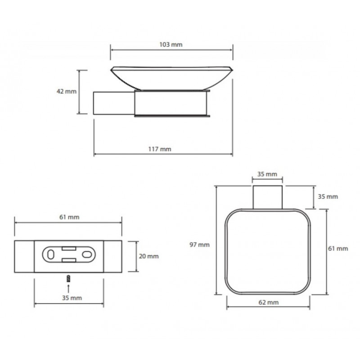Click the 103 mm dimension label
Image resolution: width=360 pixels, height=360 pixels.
click(x=171, y=45)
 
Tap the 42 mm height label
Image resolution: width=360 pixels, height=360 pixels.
click(x=66, y=91)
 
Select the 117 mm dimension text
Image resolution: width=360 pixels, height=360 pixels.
click(x=160, y=149)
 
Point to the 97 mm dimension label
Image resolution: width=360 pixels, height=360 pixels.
click(x=199, y=245)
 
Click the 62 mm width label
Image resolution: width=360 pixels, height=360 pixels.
click(x=268, y=302)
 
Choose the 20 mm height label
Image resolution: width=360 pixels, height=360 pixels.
click(x=148, y=256)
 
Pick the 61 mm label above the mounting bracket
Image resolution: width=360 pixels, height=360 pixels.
click(x=69, y=217)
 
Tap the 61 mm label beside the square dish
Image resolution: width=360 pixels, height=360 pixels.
click(x=338, y=248)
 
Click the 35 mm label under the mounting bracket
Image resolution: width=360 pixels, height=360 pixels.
click(x=72, y=298)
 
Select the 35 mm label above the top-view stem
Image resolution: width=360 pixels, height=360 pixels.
click(x=267, y=174)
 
